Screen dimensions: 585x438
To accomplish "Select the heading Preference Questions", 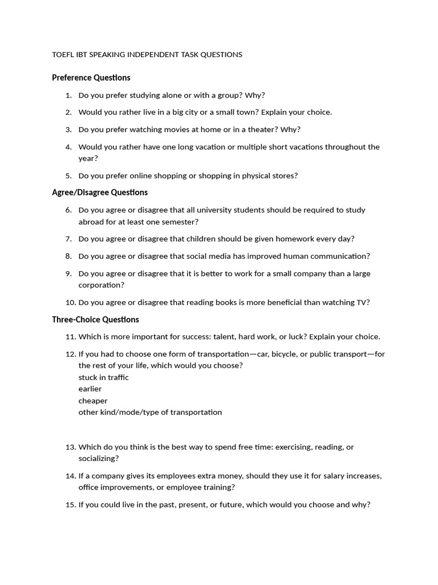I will [x=91, y=78].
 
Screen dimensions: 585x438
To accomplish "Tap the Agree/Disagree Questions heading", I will [x=100, y=193].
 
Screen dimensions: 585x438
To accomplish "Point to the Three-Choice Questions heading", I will [x=95, y=319].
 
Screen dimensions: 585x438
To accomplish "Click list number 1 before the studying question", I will [x=68, y=95].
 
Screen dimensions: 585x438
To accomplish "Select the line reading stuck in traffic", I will [x=103, y=378].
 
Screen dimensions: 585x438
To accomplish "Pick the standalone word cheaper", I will [x=93, y=401].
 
